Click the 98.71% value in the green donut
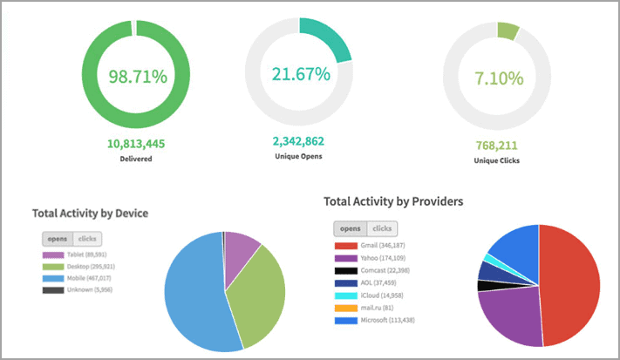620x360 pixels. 137,76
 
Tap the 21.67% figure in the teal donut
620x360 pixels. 299,73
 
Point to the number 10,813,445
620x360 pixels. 137,144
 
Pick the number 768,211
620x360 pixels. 496,146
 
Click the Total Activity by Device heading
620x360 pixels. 90,213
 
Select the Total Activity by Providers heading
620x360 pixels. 393,201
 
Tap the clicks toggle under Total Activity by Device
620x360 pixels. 88,238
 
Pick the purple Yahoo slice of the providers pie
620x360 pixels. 510,314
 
